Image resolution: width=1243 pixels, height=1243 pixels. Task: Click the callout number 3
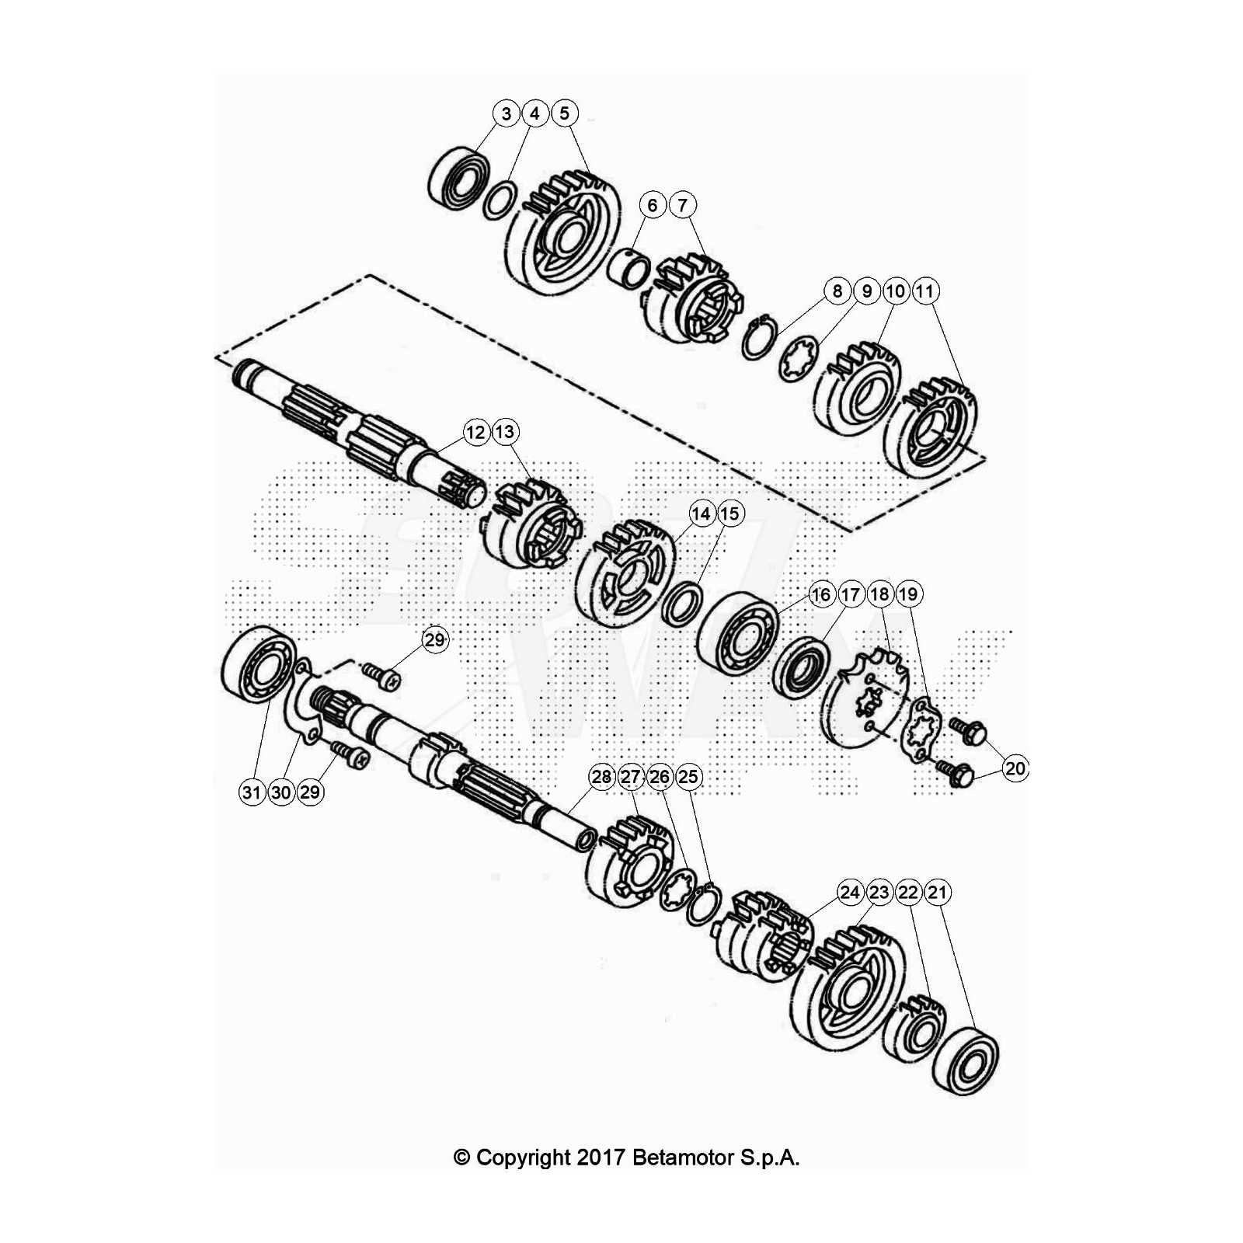pyautogui.click(x=507, y=114)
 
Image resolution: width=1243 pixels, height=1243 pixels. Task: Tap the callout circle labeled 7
pyautogui.click(x=682, y=205)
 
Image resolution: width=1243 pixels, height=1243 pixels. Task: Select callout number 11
pyautogui.click(x=924, y=291)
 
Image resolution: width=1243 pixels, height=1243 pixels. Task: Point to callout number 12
pyautogui.click(x=475, y=432)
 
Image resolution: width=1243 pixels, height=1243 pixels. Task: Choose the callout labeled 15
pyautogui.click(x=729, y=514)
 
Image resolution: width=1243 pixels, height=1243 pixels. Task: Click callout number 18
pyautogui.click(x=879, y=595)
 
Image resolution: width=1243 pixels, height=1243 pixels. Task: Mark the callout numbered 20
pyautogui.click(x=1015, y=769)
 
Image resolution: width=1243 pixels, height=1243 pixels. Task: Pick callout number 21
pyautogui.click(x=938, y=892)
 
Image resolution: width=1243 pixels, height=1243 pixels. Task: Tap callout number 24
pyautogui.click(x=850, y=892)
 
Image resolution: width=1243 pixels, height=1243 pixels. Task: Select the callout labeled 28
pyautogui.click(x=601, y=777)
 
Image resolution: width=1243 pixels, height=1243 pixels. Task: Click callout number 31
pyautogui.click(x=251, y=792)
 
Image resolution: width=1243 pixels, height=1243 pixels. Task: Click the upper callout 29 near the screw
pyautogui.click(x=435, y=639)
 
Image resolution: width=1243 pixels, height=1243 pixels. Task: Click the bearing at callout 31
pyautogui.click(x=257, y=665)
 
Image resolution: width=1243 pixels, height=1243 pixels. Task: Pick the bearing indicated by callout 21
pyautogui.click(x=966, y=1060)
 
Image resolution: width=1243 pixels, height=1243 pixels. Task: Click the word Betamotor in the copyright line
pyautogui.click(x=683, y=1158)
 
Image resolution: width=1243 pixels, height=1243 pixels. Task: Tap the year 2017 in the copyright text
pyautogui.click(x=601, y=1158)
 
